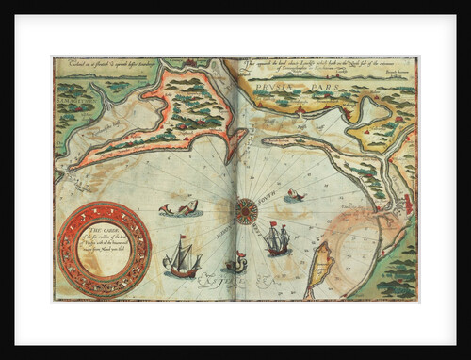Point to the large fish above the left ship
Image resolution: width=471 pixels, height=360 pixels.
pos(178,208)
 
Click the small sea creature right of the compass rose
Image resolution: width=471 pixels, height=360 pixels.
pos(296,196)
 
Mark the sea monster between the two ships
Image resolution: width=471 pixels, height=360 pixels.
pos(235,265)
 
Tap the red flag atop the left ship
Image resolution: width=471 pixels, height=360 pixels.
pos(179,237)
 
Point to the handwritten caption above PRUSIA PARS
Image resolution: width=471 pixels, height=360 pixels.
pos(320,67)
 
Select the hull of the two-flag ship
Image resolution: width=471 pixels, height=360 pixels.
pos(276,249)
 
